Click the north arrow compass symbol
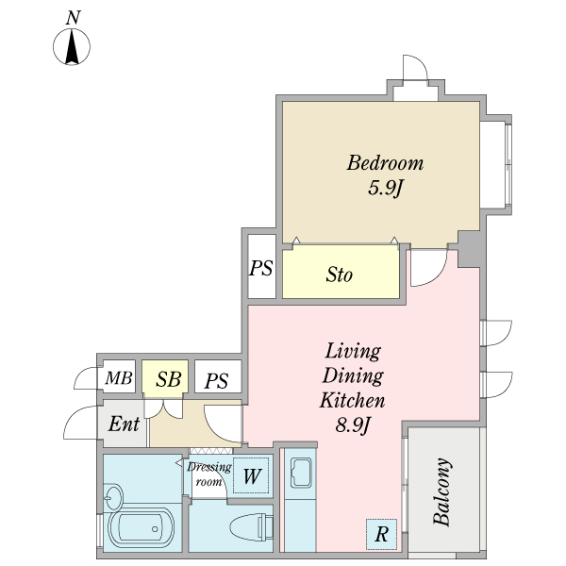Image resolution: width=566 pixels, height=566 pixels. pos(72,47)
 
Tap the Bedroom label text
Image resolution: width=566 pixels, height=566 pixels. pos(385,163)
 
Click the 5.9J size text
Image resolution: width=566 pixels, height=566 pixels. pos(385,188)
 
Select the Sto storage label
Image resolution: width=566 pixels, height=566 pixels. pos(340,275)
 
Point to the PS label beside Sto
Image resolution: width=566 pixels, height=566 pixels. pos(261,268)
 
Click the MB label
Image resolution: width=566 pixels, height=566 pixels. pos(119,378)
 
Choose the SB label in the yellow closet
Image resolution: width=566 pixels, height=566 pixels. pos(169,379)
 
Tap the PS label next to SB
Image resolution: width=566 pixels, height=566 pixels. pos(217,381)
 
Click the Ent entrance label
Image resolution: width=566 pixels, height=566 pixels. pos(124,424)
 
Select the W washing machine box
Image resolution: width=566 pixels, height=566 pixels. pos(251,475)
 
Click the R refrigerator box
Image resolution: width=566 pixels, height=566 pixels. pos(381,534)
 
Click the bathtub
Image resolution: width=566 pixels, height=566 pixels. pos(141,529)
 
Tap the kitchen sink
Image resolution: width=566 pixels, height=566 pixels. pos(301,473)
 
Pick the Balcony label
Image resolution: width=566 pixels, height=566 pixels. pos(442,491)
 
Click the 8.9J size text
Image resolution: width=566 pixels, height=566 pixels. pos(353,425)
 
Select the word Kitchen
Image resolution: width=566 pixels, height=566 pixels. pos(352,400)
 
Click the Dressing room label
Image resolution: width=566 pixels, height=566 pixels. pos(209,474)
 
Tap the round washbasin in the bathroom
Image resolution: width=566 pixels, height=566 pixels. pos(113,497)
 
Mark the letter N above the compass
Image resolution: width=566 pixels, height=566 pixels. pos(74,18)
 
